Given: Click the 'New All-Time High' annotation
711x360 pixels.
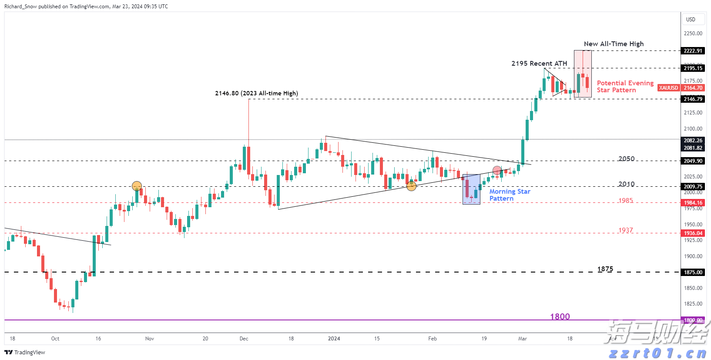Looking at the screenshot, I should coord(614,44).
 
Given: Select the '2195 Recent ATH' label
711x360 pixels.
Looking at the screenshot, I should coord(539,64).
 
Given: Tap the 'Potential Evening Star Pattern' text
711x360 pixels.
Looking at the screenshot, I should coord(625,87).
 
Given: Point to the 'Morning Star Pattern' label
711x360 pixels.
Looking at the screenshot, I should coord(510,195).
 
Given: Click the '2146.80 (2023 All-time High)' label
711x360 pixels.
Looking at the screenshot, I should coord(256,93).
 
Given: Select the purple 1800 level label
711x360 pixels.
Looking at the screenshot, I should coord(560,316).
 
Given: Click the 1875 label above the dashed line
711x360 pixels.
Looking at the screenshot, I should coord(605,269).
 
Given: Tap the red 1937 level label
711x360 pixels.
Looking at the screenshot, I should coord(626,230).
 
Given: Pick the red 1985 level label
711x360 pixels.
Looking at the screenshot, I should coord(626,201).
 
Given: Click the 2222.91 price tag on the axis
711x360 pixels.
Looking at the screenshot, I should coord(693,51).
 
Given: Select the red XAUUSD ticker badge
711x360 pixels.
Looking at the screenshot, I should coord(668,88).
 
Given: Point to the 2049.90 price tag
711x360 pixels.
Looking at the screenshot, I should coord(693,161).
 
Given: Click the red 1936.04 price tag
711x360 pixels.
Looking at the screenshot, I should coord(693,233).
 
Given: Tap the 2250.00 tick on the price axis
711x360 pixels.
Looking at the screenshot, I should coord(693,34).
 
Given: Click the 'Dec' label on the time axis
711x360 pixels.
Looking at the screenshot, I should coord(244,339).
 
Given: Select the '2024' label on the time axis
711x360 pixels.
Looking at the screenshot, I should coord(334,339).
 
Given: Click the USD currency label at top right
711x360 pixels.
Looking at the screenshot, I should coord(691,20).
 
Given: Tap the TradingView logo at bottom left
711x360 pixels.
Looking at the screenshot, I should coord(25,352).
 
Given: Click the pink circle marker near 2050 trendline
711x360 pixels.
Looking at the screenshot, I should coord(497,170).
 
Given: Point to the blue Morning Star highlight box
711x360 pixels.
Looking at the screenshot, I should coord(471,189).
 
